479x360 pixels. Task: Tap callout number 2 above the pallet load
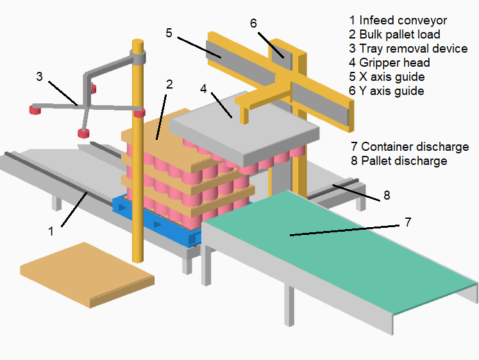coord(169,83)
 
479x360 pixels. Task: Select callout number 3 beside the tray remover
coord(39,76)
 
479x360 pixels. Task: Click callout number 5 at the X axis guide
coord(169,33)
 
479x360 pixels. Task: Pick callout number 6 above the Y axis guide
coord(253,23)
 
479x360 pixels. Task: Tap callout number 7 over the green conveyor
coord(408,223)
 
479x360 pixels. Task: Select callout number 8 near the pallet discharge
coord(386,195)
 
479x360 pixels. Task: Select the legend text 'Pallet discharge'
coord(404,161)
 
